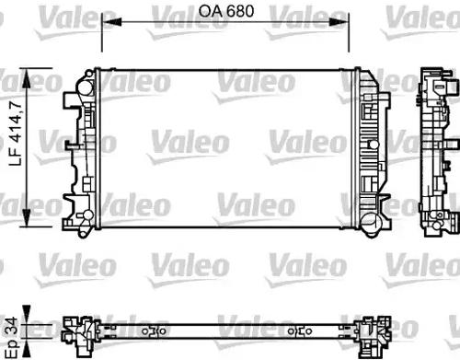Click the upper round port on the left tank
[85, 81]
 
